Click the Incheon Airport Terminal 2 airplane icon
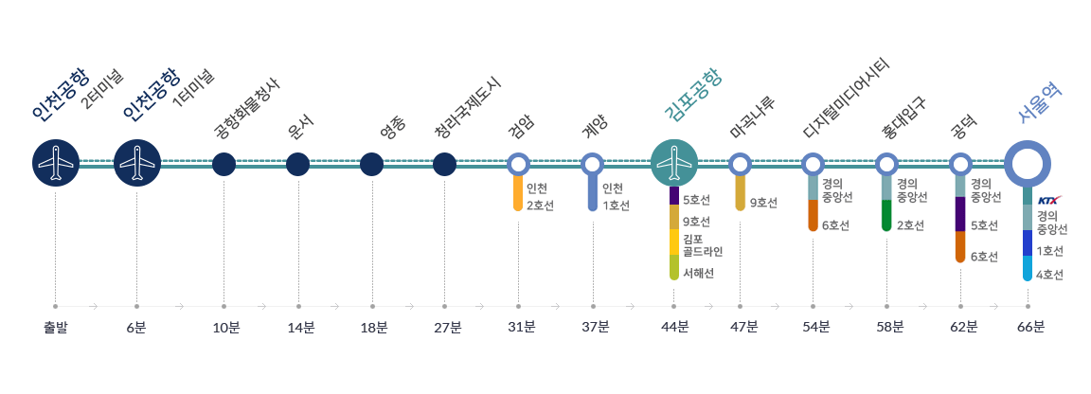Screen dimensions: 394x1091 [56, 164]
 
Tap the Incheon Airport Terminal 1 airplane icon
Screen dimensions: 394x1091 [137, 164]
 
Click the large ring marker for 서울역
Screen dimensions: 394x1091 [1028, 164]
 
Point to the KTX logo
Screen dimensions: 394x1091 [1049, 201]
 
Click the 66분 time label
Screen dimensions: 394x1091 [1030, 328]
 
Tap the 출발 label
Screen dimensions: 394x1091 [56, 328]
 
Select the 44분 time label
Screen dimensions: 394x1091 [674, 328]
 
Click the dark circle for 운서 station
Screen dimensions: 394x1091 [298, 164]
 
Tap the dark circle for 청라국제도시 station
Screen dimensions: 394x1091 [444, 164]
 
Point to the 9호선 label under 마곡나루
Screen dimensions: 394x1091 [763, 203]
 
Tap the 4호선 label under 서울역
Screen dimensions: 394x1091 [1049, 275]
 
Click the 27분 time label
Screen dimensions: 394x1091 [447, 328]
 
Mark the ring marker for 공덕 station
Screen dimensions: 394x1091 [960, 164]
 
